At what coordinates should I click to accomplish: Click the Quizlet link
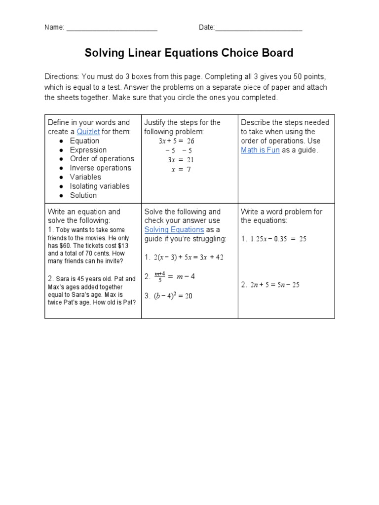coord(88,132)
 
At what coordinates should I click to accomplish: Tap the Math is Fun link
coord(260,150)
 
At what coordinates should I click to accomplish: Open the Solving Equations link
coord(174,230)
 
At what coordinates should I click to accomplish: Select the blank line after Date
coord(259,28)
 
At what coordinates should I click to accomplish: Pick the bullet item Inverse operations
coord(100,168)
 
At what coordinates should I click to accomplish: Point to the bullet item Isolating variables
coord(99,186)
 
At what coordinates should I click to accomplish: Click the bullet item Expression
coord(88,150)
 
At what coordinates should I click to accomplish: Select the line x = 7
coord(181,169)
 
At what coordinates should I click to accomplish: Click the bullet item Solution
coord(83,195)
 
